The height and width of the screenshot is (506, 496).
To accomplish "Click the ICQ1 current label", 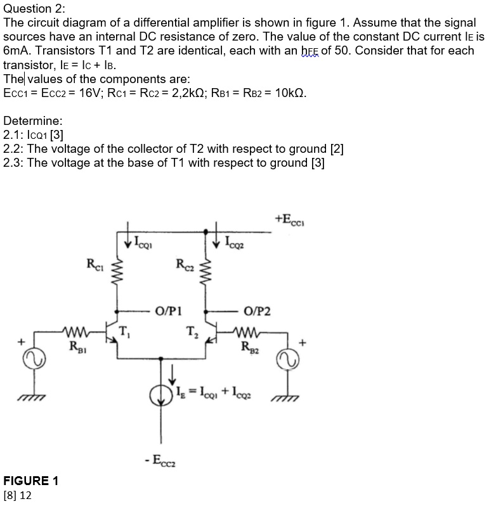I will (x=143, y=241).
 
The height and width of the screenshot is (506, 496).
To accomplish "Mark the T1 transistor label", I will (x=126, y=330).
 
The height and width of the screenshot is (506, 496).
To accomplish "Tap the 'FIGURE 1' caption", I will (x=30, y=481).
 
